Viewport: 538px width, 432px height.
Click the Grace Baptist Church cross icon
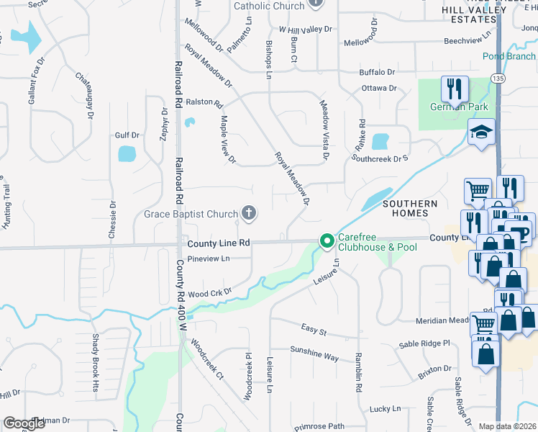pyautogui.click(x=249, y=213)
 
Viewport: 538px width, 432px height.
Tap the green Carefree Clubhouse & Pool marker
pyautogui.click(x=327, y=241)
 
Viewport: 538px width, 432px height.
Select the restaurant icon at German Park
pyautogui.click(x=454, y=89)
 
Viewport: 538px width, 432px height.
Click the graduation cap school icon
pyautogui.click(x=480, y=132)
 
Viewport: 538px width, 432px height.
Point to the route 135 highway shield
pyautogui.click(x=497, y=77)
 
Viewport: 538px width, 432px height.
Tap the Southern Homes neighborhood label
pyautogui.click(x=410, y=209)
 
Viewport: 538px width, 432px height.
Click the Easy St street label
pyautogui.click(x=314, y=329)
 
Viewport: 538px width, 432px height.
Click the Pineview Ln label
pyautogui.click(x=208, y=258)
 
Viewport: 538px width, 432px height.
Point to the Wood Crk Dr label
pyautogui.click(x=209, y=293)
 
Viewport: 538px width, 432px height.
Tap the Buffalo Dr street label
pyautogui.click(x=378, y=72)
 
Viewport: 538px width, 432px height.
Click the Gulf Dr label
pyautogui.click(x=126, y=135)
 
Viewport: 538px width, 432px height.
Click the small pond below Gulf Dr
pyautogui.click(x=127, y=153)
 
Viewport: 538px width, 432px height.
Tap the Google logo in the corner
pyautogui.click(x=24, y=423)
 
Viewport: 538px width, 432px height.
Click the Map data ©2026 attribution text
pyautogui.click(x=508, y=426)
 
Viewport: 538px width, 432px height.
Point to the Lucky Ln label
pyautogui.click(x=386, y=408)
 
